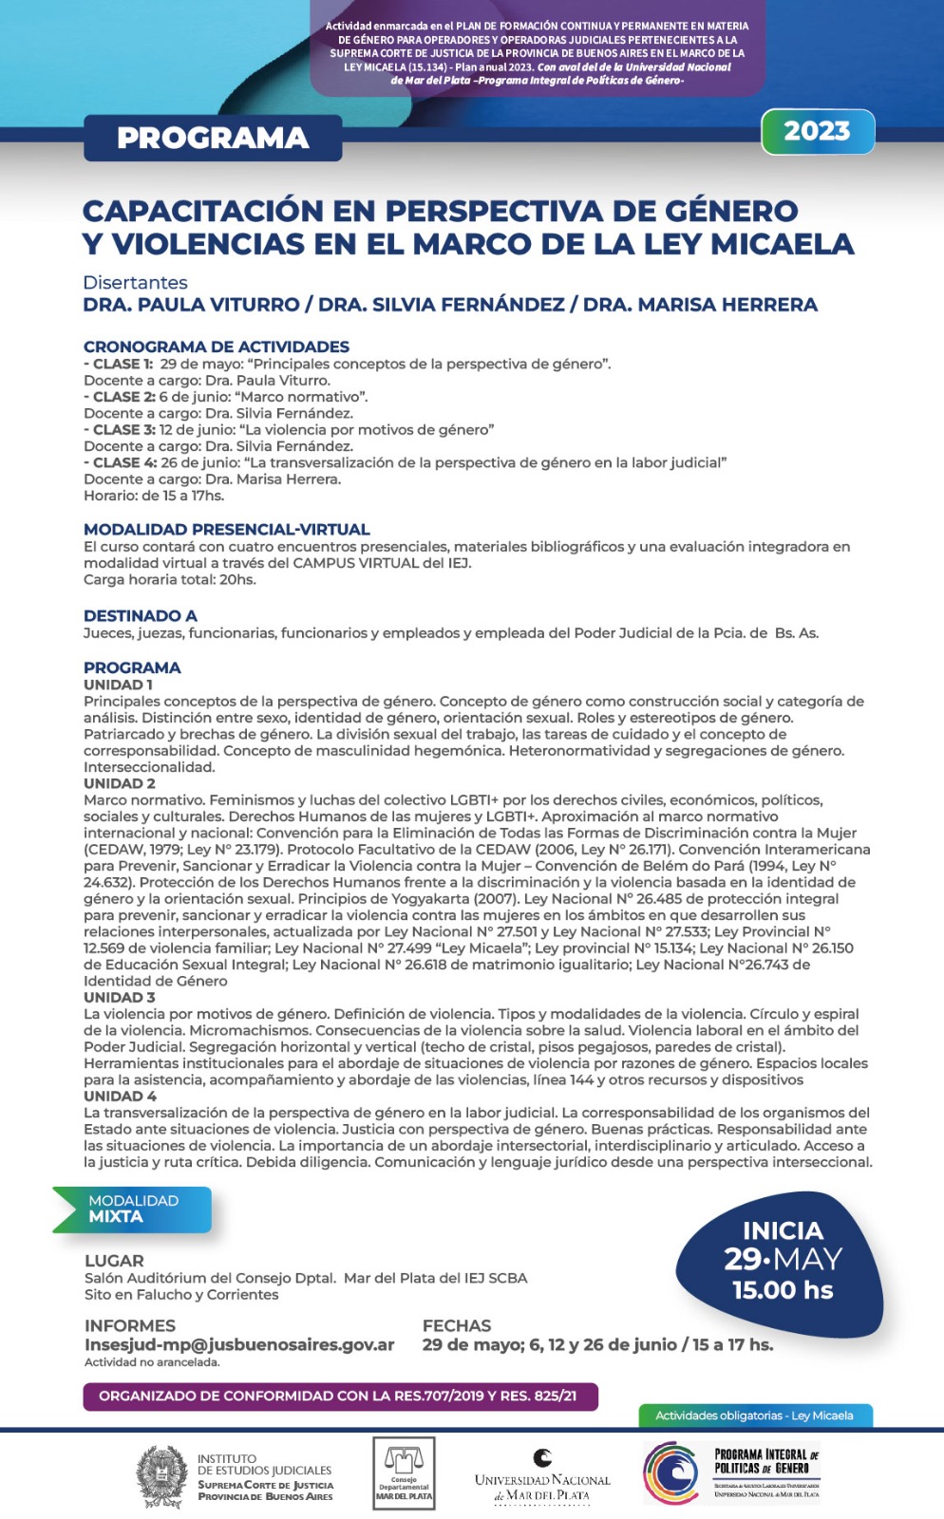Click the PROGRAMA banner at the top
point(213,138)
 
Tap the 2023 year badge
point(817,131)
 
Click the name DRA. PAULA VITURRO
point(191,305)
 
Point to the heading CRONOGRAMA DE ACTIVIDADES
point(217,347)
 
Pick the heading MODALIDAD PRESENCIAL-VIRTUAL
point(227,529)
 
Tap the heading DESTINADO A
point(141,615)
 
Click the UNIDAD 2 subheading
point(120,783)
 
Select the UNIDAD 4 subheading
point(120,1096)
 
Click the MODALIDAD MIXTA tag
point(133,1209)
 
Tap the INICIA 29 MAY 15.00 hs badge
point(782,1260)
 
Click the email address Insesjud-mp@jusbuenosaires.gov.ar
point(239,1344)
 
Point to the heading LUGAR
point(114,1261)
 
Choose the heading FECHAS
point(457,1325)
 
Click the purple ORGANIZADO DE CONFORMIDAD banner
point(340,1396)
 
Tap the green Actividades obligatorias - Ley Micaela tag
point(755,1416)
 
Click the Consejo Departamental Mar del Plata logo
point(404,1472)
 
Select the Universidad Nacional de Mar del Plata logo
point(542,1475)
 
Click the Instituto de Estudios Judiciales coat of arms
point(162,1476)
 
